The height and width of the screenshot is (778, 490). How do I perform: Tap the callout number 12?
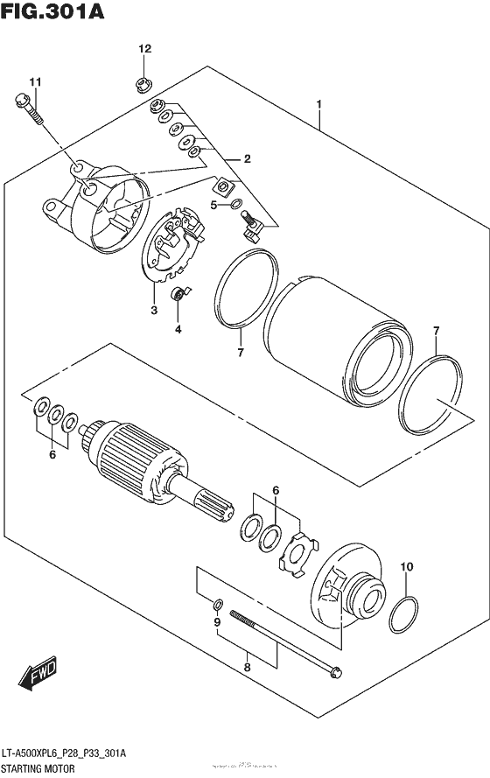coord(143,49)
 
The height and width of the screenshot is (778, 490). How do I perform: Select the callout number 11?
coord(34,82)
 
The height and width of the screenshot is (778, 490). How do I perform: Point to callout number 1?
coord(319,105)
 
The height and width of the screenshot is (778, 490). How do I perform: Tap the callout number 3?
coord(153,310)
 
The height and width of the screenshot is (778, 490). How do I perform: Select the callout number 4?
coord(178,329)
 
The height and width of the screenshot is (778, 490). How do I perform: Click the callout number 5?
coord(213,205)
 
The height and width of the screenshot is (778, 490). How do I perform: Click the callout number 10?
coord(405,567)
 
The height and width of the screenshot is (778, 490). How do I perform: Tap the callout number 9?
coord(217,622)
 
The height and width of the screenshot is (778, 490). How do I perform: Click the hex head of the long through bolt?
coord(336,673)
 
